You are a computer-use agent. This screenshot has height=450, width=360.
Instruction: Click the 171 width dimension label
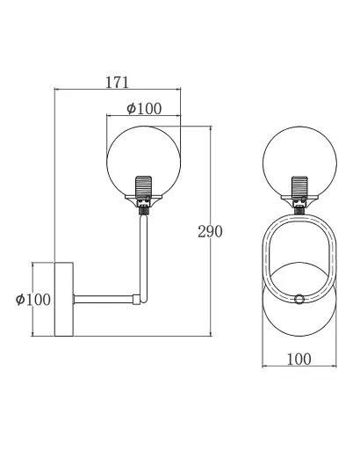tap(117, 83)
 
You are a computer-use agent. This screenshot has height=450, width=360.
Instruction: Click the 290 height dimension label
tap(210, 231)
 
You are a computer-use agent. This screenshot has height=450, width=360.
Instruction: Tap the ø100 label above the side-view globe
tap(144, 108)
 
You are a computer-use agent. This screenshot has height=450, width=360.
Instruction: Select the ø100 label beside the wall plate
tap(33, 300)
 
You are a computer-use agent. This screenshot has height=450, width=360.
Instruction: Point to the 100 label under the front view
tap(299, 359)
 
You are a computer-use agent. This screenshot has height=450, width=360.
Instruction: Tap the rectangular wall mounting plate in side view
tap(64, 299)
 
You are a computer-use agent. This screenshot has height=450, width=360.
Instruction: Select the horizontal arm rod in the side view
tap(103, 299)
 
